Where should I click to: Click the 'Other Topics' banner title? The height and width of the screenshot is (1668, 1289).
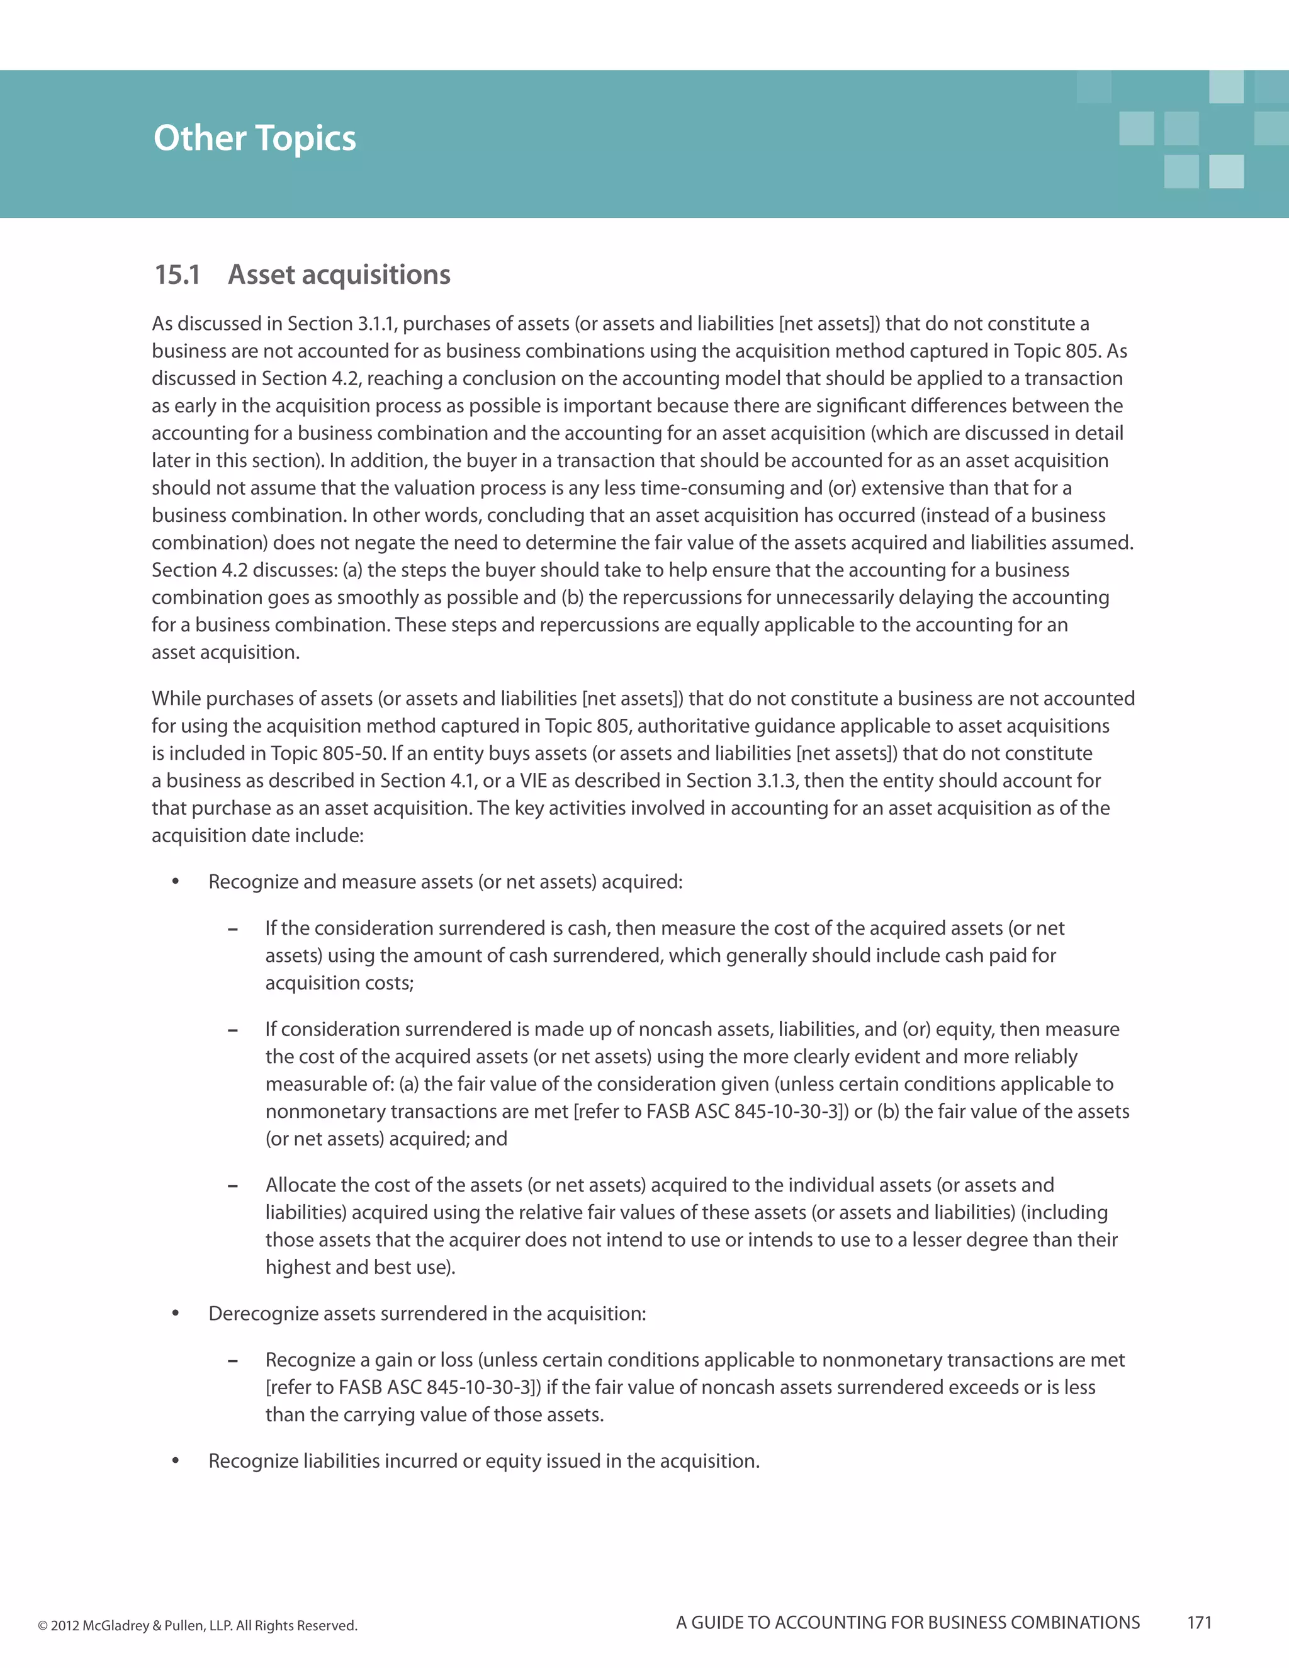click(254, 138)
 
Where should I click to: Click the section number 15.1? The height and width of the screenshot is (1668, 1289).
click(177, 274)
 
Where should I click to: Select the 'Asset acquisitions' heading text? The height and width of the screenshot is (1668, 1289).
click(339, 274)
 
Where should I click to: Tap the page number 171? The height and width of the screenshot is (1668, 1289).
click(1199, 1622)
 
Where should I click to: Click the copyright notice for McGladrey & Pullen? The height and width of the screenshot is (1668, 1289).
click(197, 1625)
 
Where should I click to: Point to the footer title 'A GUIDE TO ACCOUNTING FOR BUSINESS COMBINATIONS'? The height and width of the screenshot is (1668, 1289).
click(907, 1622)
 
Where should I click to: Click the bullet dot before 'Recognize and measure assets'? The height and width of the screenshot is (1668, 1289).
click(176, 881)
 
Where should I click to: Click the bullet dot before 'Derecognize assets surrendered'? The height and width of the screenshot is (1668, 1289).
click(176, 1313)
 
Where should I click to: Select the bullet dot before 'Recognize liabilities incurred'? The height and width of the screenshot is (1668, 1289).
click(176, 1460)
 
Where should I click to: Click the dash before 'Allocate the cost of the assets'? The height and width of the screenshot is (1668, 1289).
click(233, 1186)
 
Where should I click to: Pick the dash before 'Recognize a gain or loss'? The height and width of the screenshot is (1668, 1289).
click(233, 1361)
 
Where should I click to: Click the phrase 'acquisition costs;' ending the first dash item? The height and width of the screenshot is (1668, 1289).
click(339, 983)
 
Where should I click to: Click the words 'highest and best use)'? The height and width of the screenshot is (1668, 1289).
click(359, 1267)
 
